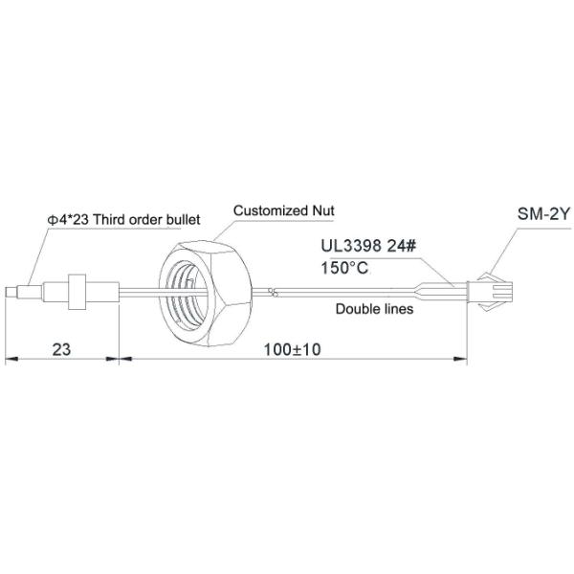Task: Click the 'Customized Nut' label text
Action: click(284, 211)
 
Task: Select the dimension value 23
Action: click(62, 351)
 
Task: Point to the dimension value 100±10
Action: click(293, 351)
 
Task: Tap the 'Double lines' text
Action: click(373, 309)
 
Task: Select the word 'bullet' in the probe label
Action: click(181, 219)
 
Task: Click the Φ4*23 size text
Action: click(70, 219)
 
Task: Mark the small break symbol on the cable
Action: click(275, 291)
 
